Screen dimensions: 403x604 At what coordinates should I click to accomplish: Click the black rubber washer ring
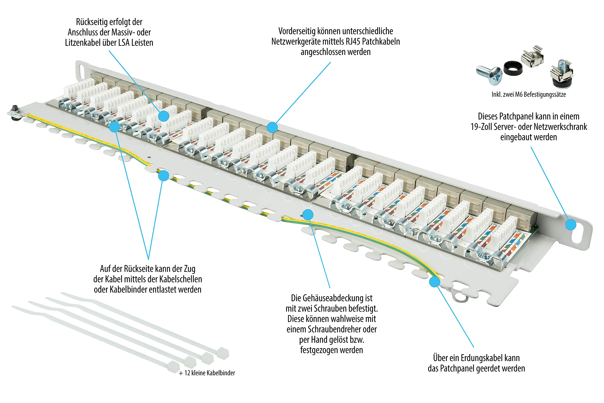(x=513, y=68)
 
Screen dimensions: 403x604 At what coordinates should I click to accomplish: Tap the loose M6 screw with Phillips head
(x=489, y=75)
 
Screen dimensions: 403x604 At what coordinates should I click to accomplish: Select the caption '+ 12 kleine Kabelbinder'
(x=207, y=373)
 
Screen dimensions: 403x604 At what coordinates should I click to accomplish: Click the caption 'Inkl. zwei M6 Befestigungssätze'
(x=529, y=95)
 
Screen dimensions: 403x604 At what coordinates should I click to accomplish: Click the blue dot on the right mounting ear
(x=570, y=225)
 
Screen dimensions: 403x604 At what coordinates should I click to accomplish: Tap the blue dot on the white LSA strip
(x=164, y=116)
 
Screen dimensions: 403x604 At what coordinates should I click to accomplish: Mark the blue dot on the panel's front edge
(x=272, y=127)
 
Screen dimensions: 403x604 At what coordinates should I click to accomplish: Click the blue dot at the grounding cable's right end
(x=434, y=282)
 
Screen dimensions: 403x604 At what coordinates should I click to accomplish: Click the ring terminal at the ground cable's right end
(x=460, y=297)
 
